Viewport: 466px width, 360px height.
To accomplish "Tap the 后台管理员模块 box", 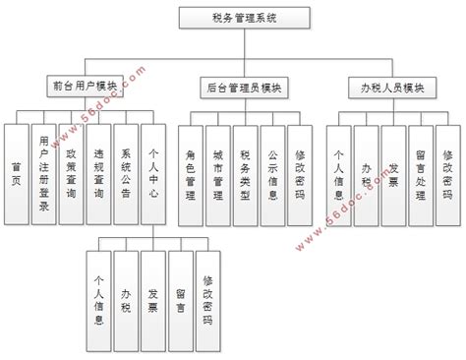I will coord(245,88).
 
